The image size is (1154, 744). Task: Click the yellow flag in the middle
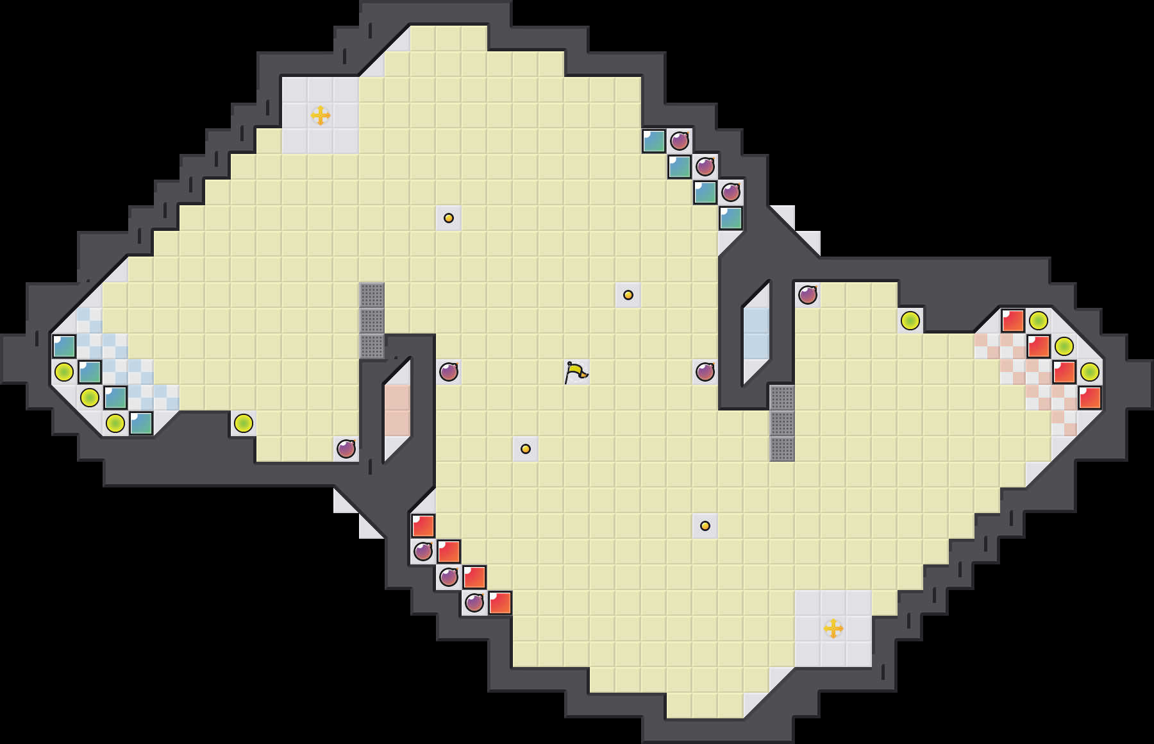tap(576, 371)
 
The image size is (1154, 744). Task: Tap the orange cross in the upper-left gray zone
tap(321, 115)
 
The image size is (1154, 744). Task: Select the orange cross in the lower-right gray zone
tap(833, 629)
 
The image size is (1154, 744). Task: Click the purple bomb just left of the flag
tap(449, 371)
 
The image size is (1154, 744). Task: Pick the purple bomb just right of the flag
tap(705, 371)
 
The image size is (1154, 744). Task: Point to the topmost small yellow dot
tap(449, 218)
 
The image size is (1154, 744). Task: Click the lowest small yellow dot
tap(705, 526)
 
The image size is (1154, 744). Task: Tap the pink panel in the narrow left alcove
tap(397, 410)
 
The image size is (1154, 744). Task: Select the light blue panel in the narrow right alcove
tap(757, 334)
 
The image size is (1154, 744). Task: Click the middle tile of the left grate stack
tap(372, 321)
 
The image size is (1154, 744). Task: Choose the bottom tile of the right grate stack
tap(782, 449)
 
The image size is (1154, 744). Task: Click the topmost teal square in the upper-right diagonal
tap(654, 141)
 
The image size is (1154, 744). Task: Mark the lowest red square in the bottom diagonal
tap(500, 603)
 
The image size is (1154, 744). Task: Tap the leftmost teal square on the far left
tap(64, 346)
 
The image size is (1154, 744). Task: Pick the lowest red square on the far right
tap(1090, 398)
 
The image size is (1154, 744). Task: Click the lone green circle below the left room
tap(244, 423)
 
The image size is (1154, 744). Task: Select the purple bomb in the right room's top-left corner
tap(808, 295)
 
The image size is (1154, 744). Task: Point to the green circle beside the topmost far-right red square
tap(1039, 320)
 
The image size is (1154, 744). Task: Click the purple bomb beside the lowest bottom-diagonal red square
tap(474, 603)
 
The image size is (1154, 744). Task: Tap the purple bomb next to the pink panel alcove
tap(346, 448)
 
